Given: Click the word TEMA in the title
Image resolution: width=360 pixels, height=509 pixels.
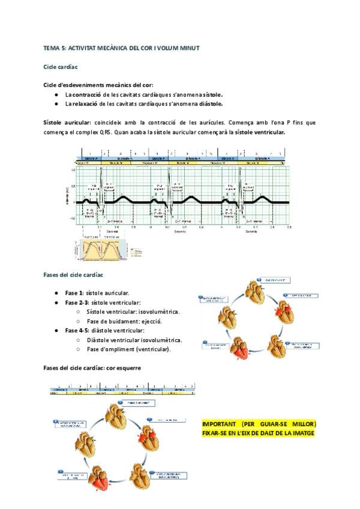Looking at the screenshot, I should tap(51, 47).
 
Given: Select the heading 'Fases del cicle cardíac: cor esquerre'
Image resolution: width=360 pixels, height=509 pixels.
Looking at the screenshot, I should tap(92, 367).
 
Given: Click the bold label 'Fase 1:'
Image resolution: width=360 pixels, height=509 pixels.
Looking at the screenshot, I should tap(74, 293).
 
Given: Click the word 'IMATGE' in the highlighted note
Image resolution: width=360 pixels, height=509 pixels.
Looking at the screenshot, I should tap(300, 432).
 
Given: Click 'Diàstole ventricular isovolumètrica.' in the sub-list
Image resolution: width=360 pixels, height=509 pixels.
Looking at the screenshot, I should tap(134, 340).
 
